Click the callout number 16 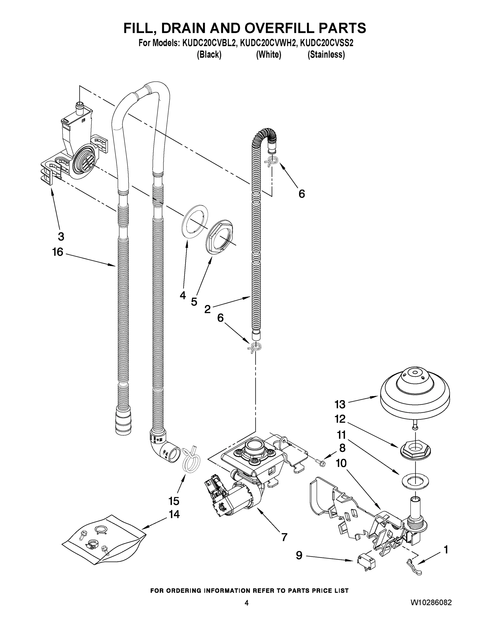pyautogui.click(x=58, y=252)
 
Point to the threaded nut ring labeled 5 pyautogui.click(x=220, y=236)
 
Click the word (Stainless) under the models pyautogui.click(x=326, y=54)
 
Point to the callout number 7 pyautogui.click(x=284, y=537)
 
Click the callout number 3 pyautogui.click(x=61, y=236)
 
